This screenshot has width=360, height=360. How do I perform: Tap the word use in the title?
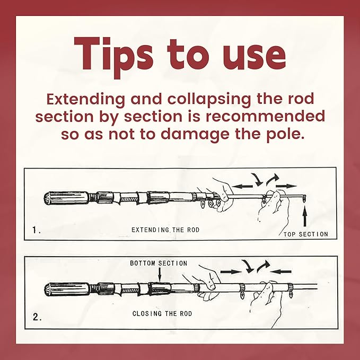(x=254, y=57)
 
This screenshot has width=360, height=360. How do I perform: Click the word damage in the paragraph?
(x=195, y=135)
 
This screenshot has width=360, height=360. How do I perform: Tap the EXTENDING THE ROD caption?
(x=165, y=230)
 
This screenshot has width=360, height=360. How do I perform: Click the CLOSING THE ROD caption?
(x=162, y=313)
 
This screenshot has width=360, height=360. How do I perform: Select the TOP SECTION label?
(x=305, y=234)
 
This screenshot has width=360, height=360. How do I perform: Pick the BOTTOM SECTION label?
(x=159, y=263)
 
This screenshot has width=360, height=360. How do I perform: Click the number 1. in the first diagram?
(x=36, y=230)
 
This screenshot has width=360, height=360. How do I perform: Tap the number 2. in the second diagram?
(x=37, y=317)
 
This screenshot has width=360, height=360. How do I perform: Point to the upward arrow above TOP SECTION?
(x=305, y=216)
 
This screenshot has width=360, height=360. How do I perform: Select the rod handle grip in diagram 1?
(x=66, y=198)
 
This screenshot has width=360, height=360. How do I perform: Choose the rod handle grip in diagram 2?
(x=67, y=289)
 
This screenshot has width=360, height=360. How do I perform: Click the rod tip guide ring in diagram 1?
(x=304, y=198)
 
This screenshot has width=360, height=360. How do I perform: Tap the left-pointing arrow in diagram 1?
(x=242, y=186)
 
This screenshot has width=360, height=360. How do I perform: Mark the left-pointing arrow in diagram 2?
(x=281, y=271)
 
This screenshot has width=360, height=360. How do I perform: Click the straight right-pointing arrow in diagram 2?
(x=231, y=272)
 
